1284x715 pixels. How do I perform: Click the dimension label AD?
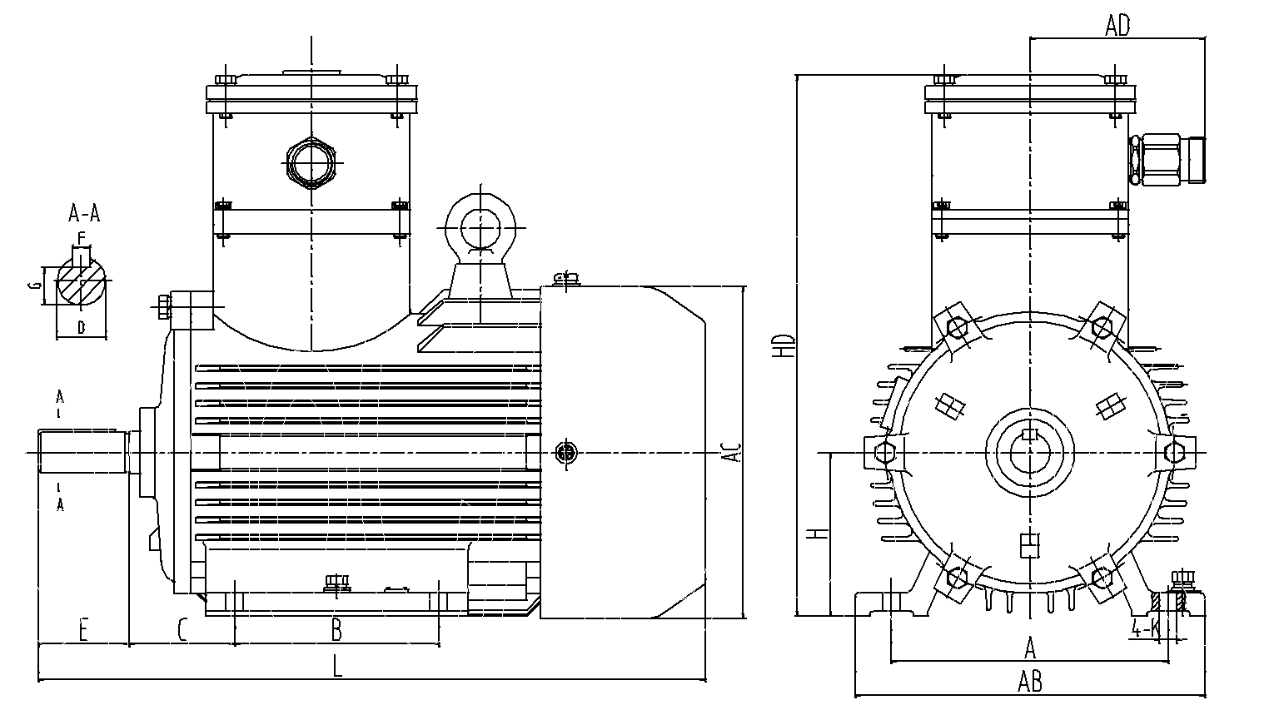click(x=1117, y=27)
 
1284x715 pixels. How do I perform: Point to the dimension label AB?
click(x=1030, y=682)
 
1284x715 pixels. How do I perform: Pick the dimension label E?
click(x=83, y=630)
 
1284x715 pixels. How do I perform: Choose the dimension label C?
click(x=182, y=630)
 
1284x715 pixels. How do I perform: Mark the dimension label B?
click(x=336, y=630)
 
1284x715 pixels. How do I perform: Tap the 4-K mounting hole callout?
click(x=1147, y=628)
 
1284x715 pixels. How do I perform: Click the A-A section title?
click(x=84, y=214)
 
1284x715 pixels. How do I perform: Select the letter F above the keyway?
click(x=81, y=240)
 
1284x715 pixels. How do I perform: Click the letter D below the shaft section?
click(x=81, y=327)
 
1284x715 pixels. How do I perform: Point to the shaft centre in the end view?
click(x=1030, y=453)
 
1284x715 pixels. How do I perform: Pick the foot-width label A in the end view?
click(x=1030, y=647)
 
